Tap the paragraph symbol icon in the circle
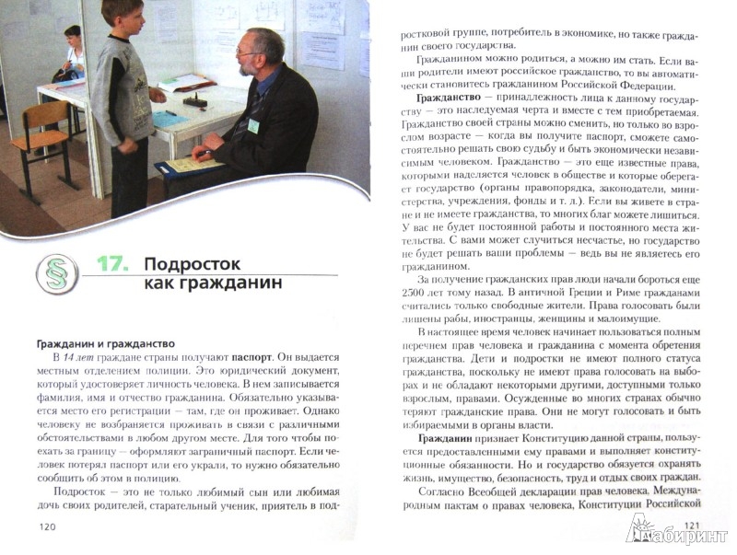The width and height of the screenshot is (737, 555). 57,274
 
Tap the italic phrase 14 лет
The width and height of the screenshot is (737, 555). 71,354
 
